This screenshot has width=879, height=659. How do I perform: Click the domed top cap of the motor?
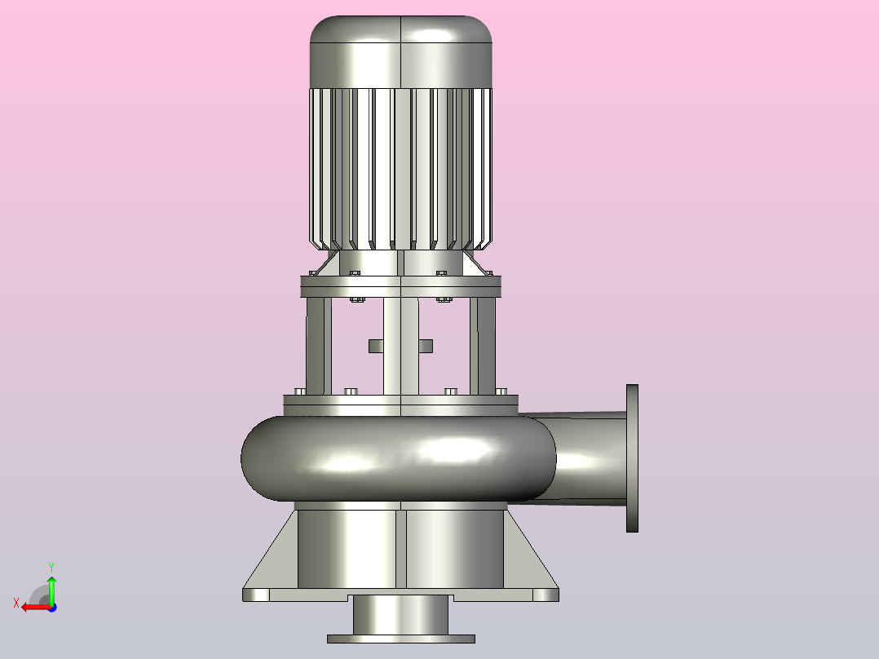point(401,51)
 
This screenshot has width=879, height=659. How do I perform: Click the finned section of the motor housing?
point(401,168)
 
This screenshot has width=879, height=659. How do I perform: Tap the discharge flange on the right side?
point(633,458)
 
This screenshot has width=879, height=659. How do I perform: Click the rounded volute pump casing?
point(399,459)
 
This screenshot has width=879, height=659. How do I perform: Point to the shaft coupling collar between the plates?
point(401,346)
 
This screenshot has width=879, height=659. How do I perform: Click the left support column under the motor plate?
point(318,346)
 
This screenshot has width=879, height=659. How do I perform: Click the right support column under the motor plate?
point(483,346)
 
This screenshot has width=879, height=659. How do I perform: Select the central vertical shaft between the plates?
point(401,346)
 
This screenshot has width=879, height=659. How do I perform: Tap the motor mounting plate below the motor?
point(401,286)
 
